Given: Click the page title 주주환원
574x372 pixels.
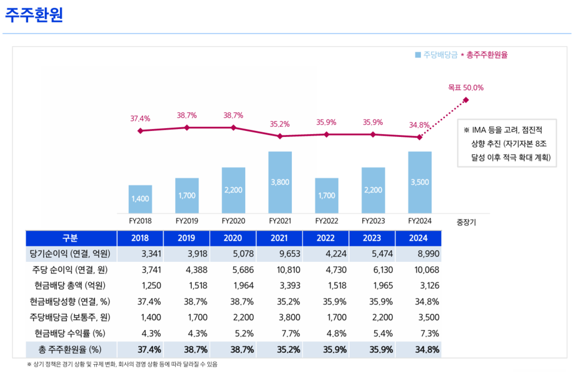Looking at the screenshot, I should pos(34,15).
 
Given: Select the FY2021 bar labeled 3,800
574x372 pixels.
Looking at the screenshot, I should pos(280,182).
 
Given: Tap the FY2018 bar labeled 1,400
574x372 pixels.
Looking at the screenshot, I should pos(140,199).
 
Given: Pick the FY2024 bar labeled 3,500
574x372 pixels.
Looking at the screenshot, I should pos(420,182).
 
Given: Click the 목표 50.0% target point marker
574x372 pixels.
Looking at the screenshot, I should pos(466,100).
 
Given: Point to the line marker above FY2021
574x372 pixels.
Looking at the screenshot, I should pos(280,136).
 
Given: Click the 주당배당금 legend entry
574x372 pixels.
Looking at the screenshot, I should pos(436,55).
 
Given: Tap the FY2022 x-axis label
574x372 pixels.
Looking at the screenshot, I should pos(326,221).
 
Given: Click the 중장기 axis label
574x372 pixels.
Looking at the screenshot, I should pos(466,221).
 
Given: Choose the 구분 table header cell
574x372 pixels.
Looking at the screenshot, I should pos(71,238).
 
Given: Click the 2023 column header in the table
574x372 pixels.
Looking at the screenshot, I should pos(373,238).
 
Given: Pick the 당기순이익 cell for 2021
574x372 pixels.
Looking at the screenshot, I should pos(279,254).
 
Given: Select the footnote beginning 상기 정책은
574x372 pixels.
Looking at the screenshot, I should pos(122,364).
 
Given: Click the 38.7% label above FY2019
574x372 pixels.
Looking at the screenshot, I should pos(187,115).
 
